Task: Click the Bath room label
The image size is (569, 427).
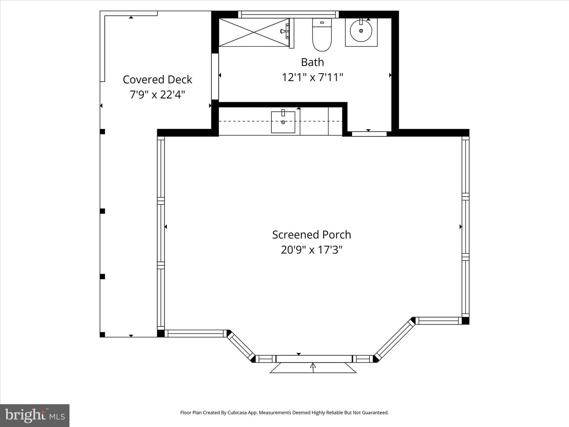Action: pyautogui.click(x=312, y=62)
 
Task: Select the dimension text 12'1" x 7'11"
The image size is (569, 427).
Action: pyautogui.click(x=312, y=77)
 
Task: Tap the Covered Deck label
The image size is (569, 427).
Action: pyautogui.click(x=157, y=79)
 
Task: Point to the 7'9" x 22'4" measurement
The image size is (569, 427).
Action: pyautogui.click(x=157, y=95)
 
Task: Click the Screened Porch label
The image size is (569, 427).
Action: pyautogui.click(x=311, y=234)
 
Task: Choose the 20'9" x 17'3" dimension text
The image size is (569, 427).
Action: pyautogui.click(x=311, y=250)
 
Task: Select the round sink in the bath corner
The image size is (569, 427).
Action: pyautogui.click(x=361, y=31)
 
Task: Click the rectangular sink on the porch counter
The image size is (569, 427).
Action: pyautogui.click(x=283, y=122)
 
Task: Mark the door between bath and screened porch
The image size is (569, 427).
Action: pyautogui.click(x=369, y=134)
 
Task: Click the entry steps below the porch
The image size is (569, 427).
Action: pyautogui.click(x=313, y=368)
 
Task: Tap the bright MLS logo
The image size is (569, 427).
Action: pyautogui.click(x=35, y=415)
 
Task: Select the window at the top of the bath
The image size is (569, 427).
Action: pyautogui.click(x=288, y=15)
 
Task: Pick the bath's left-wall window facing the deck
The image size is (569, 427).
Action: pyautogui.click(x=215, y=76)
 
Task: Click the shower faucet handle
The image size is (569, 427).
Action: pyautogui.click(x=285, y=31)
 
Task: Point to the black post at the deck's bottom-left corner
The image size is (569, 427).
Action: pyautogui.click(x=102, y=334)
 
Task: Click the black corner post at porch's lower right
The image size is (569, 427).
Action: pyautogui.click(x=465, y=321)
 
